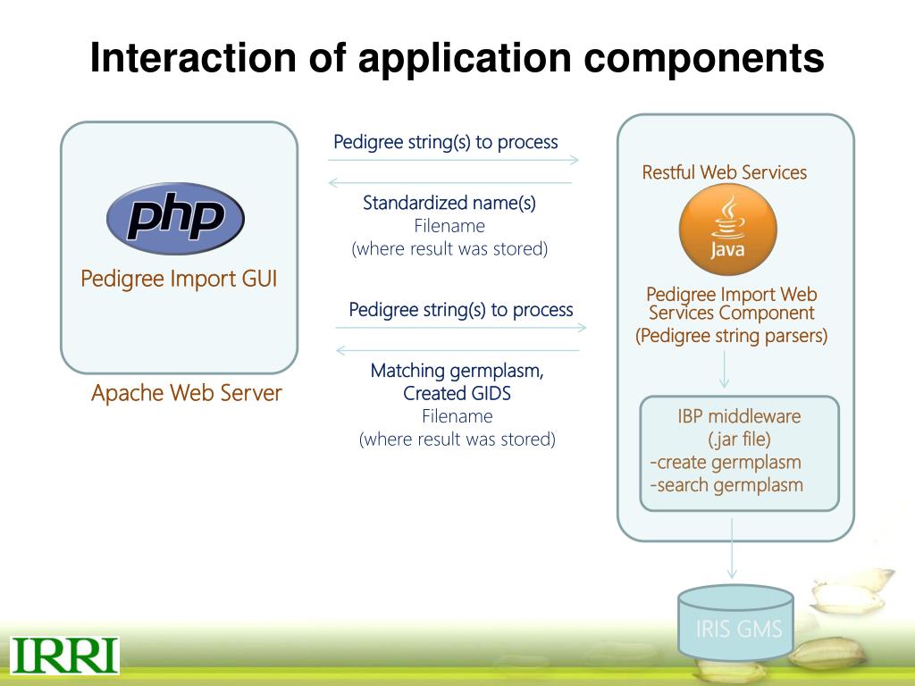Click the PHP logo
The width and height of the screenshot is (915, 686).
[x=175, y=218]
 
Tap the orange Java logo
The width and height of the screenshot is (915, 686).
[x=727, y=230]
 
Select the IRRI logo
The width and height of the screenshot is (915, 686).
[x=64, y=656]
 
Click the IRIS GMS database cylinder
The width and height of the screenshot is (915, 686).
[x=735, y=623]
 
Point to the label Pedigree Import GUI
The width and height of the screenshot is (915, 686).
[x=179, y=279]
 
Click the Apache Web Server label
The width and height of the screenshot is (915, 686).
[x=186, y=393]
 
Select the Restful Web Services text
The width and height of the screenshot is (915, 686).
[x=724, y=172]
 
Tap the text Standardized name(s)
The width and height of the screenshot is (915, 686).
[x=449, y=203]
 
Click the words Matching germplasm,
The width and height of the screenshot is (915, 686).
[x=457, y=371]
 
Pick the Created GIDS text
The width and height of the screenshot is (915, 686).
[x=457, y=393]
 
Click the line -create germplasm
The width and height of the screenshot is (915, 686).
[x=726, y=462]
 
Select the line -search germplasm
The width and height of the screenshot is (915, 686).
[x=726, y=485]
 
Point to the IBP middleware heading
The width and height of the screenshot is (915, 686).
[x=739, y=416]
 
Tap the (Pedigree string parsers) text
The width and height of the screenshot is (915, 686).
[x=731, y=336]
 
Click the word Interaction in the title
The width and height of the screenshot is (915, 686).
[x=193, y=58]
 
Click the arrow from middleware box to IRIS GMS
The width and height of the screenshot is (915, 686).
[x=732, y=548]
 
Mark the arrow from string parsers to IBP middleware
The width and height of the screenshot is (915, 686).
[x=724, y=369]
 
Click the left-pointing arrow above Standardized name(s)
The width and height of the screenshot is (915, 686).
[x=450, y=182]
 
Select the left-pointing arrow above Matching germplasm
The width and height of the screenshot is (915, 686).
[x=457, y=350]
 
